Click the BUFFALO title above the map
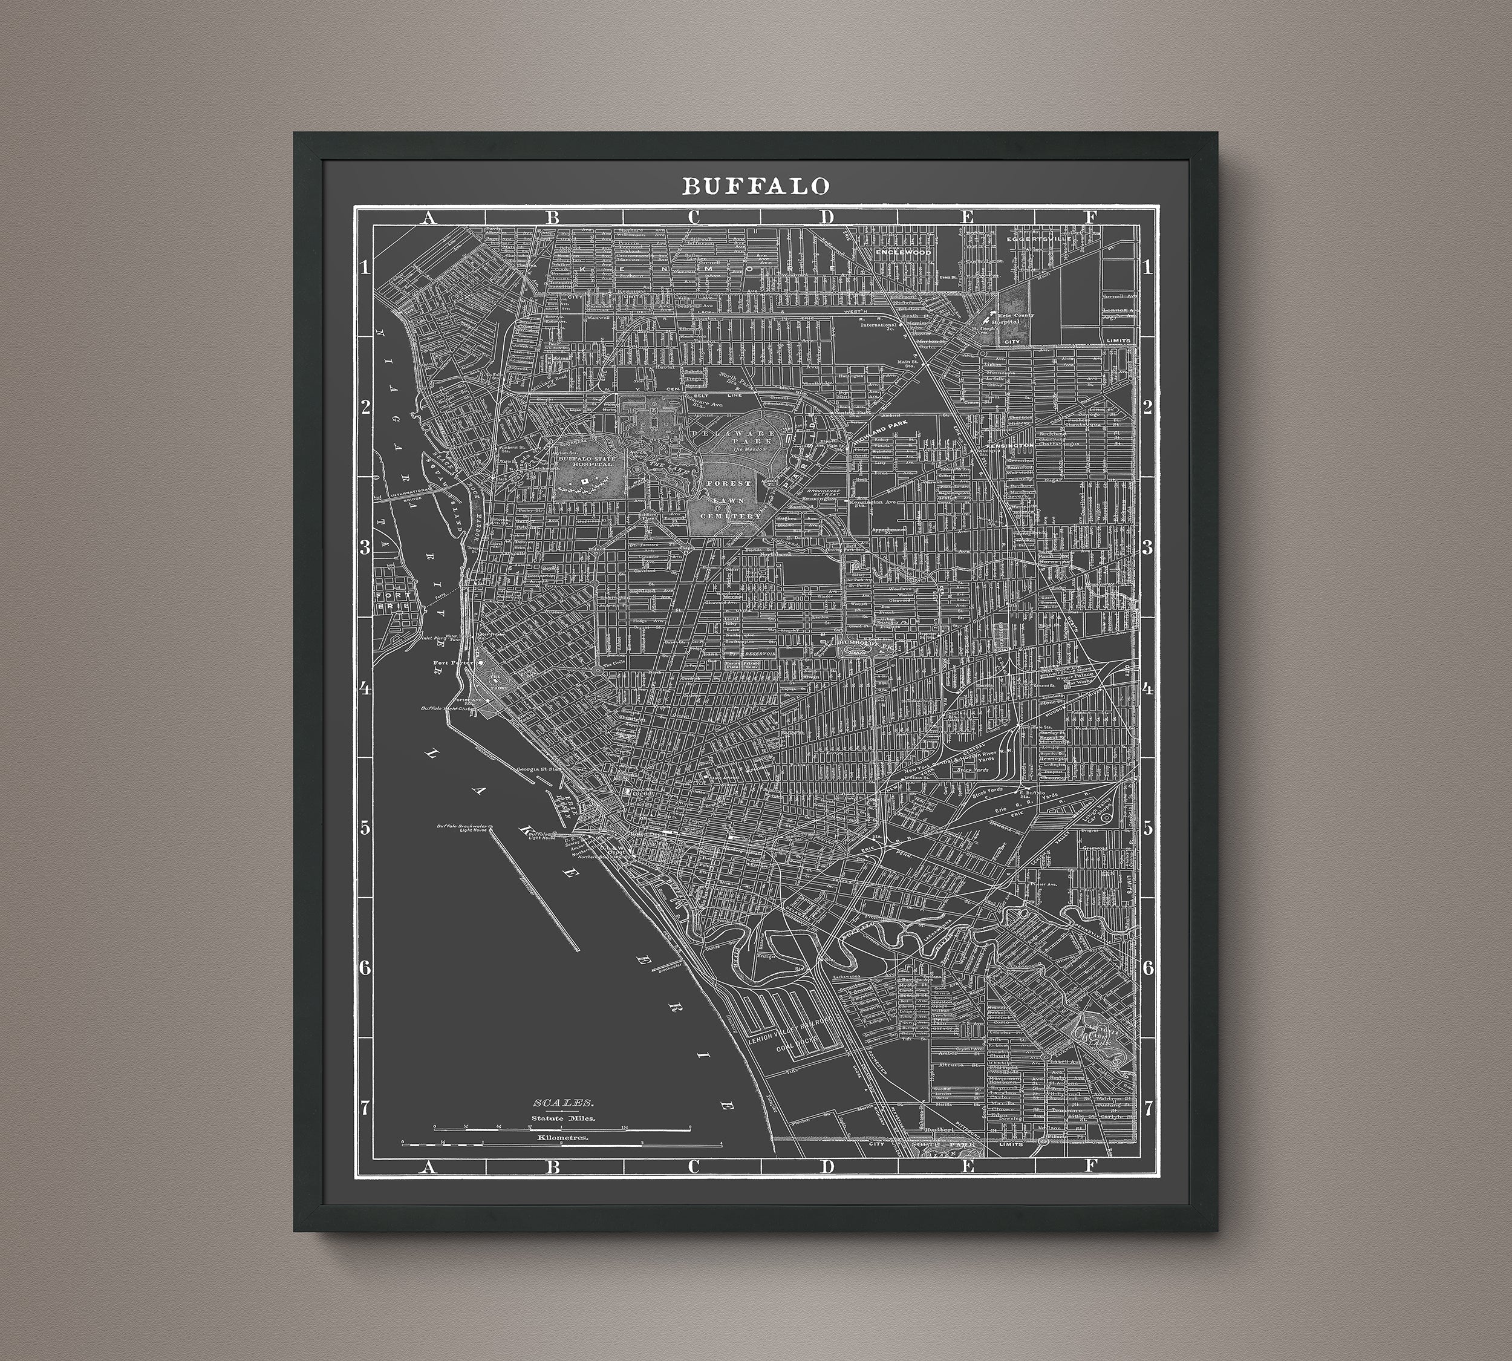[755, 186]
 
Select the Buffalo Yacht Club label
[441, 708]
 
